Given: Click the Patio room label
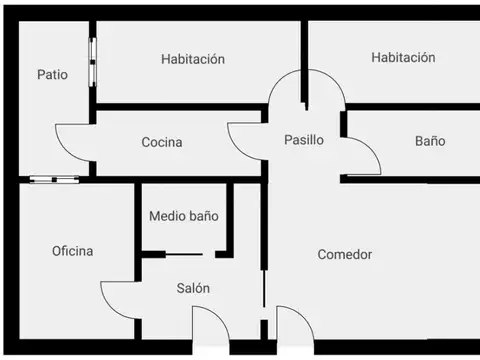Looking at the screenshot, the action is click(x=52, y=74).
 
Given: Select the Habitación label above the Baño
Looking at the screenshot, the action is click(x=403, y=58).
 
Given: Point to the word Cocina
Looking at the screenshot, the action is click(x=161, y=142).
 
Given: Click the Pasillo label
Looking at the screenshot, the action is click(x=303, y=140).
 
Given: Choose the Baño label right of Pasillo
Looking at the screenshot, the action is click(x=430, y=141).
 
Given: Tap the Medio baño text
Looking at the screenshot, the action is click(x=183, y=215).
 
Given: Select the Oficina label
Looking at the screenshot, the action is click(x=72, y=251).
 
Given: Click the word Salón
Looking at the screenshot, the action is click(x=193, y=288).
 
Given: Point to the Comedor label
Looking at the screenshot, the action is click(x=344, y=255).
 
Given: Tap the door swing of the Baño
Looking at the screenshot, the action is click(x=362, y=155).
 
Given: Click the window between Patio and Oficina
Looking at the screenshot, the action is click(x=54, y=180).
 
